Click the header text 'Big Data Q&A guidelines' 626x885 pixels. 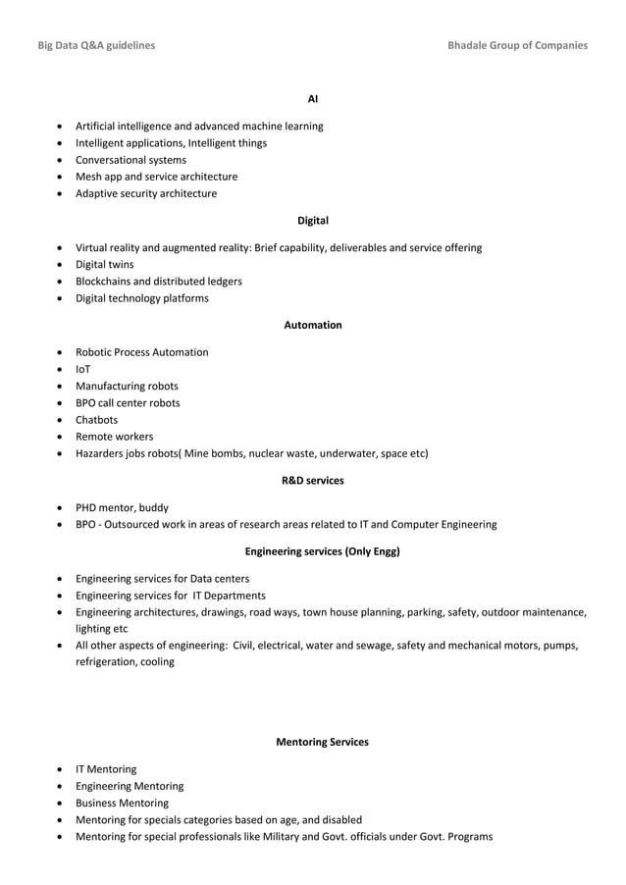pyautogui.click(x=95, y=45)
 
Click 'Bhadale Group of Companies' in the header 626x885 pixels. pyautogui.click(x=517, y=45)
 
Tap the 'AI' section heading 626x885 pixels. pyautogui.click(x=313, y=99)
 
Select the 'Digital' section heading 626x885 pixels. pyautogui.click(x=313, y=221)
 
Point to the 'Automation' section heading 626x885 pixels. pyautogui.click(x=313, y=325)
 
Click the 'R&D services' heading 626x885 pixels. pyautogui.click(x=313, y=481)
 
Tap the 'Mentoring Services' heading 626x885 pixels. pyautogui.click(x=323, y=743)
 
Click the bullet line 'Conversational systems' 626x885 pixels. pyautogui.click(x=130, y=160)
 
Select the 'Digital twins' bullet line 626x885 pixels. pyautogui.click(x=105, y=265)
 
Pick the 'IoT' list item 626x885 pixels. pyautogui.click(x=83, y=369)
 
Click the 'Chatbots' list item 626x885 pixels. pyautogui.click(x=96, y=420)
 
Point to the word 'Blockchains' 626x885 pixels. pyautogui.click(x=106, y=282)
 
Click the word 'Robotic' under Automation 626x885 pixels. pyautogui.click(x=95, y=352)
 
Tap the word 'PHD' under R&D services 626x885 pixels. pyautogui.click(x=87, y=508)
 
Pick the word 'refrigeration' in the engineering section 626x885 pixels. pyautogui.click(x=107, y=662)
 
